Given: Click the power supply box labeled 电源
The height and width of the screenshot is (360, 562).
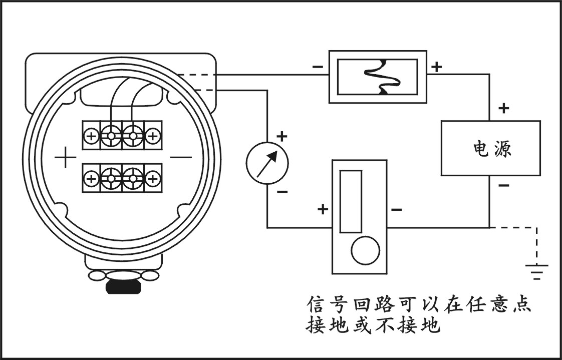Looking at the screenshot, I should [490, 148].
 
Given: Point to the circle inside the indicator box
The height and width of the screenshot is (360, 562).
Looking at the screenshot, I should [365, 250].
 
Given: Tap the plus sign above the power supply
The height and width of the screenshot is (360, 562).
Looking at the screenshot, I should [504, 108].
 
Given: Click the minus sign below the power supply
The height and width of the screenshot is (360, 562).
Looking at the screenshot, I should [504, 186].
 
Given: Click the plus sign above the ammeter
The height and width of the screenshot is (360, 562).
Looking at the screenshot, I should [283, 136].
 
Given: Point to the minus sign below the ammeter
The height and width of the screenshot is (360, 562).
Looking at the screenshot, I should [283, 191].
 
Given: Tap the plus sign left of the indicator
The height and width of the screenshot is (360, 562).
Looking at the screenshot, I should [323, 209].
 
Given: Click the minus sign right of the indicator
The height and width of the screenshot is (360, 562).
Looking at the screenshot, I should [396, 209].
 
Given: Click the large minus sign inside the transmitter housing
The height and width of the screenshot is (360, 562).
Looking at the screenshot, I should [181, 158].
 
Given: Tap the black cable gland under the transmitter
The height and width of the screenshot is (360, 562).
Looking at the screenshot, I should [123, 287].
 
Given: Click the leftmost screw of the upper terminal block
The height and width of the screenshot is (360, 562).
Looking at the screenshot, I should [91, 135].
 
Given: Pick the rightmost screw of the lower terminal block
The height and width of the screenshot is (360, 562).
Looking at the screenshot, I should [153, 177].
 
